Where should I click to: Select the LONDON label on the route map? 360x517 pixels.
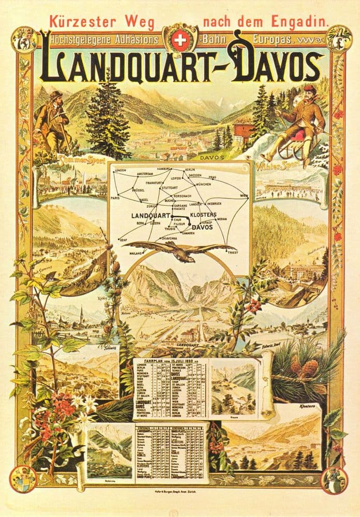tap(122, 170)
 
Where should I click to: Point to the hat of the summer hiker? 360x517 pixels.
tap(56, 95)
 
